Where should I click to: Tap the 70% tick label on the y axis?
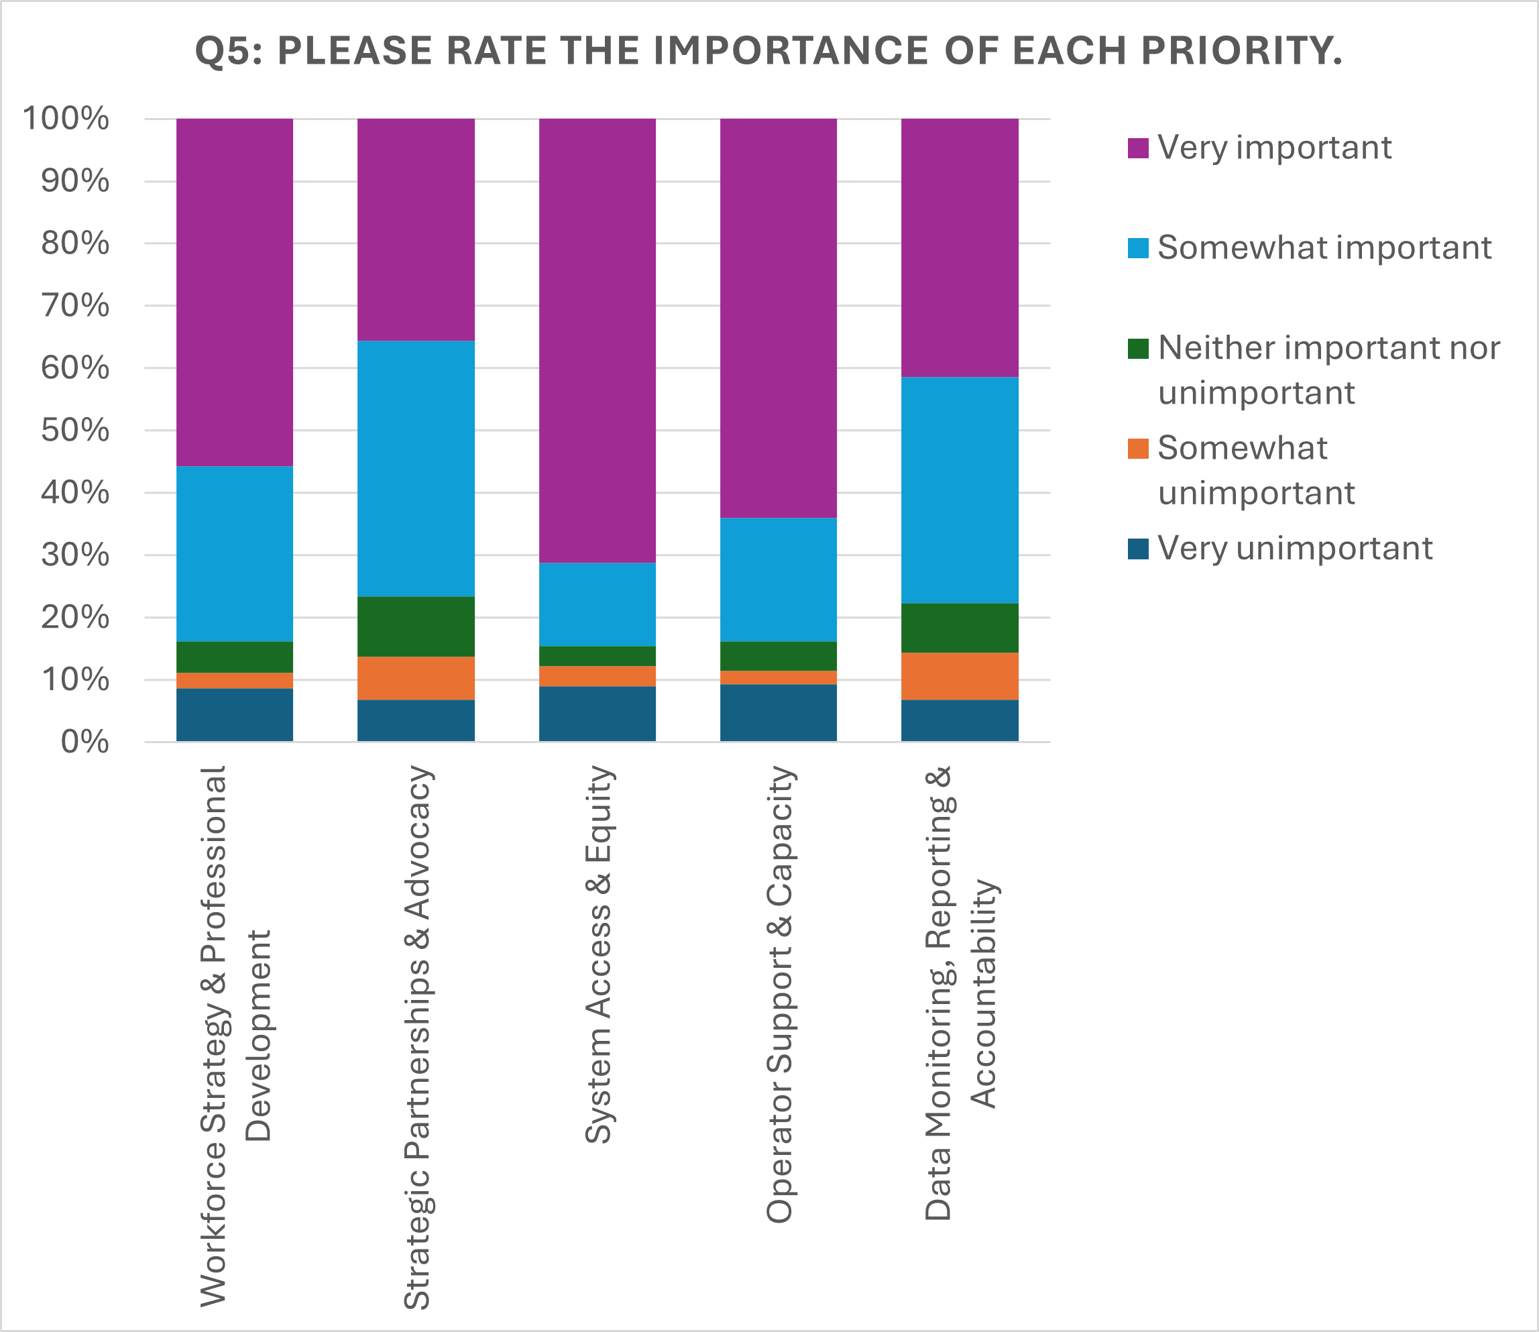(x=75, y=305)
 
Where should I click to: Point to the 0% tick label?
(x=84, y=742)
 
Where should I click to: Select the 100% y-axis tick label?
(x=66, y=118)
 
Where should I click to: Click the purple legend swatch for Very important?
(x=1138, y=148)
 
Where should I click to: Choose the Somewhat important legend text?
(x=1324, y=247)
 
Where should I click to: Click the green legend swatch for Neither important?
(x=1138, y=348)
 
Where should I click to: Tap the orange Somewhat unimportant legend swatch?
(x=1138, y=448)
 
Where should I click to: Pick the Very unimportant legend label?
(x=1294, y=549)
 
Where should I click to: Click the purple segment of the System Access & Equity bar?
(x=597, y=339)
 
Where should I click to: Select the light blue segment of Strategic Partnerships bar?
(x=416, y=468)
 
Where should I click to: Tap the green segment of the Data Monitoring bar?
(x=960, y=627)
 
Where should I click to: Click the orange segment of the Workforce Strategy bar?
(x=235, y=680)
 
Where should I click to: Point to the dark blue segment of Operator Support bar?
(x=778, y=712)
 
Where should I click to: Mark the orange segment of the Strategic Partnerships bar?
(x=416, y=678)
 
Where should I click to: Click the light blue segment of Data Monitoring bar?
(x=960, y=490)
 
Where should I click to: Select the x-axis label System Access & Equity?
(x=599, y=954)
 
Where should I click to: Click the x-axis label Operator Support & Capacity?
(x=781, y=994)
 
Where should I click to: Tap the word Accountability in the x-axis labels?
(x=983, y=994)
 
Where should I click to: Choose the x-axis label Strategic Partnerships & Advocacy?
(x=417, y=1037)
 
